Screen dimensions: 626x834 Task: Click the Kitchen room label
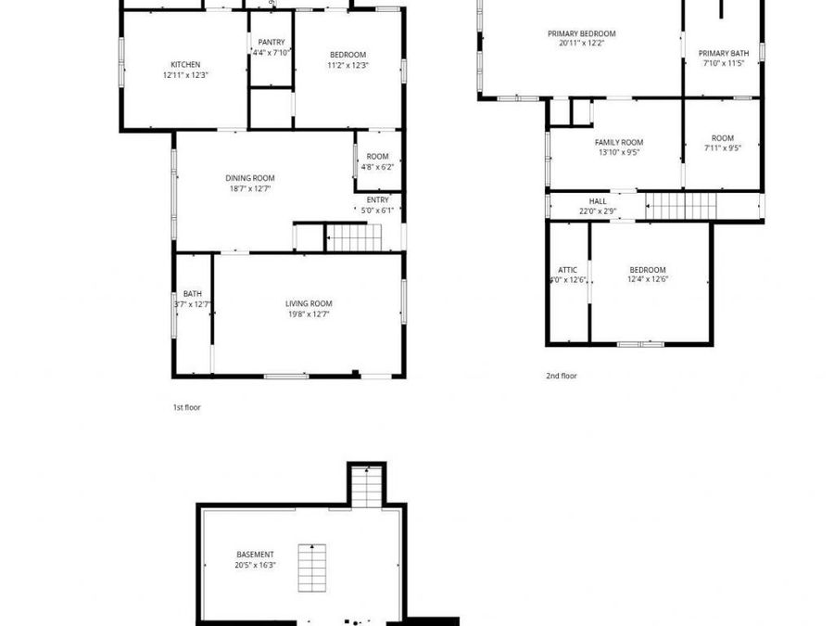(x=185, y=64)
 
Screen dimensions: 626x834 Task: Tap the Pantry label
(x=272, y=42)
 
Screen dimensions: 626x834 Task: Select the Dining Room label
(x=250, y=178)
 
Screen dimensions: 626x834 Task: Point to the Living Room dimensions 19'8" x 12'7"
(x=308, y=314)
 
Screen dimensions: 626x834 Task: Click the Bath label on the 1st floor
(x=192, y=294)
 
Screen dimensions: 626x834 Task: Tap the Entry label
(x=378, y=199)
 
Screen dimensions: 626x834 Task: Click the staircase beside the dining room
(x=356, y=238)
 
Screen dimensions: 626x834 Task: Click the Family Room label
(x=619, y=142)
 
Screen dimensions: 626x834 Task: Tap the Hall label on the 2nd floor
(x=598, y=201)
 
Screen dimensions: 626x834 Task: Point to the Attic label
(x=568, y=270)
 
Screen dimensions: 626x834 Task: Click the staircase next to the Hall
(x=680, y=206)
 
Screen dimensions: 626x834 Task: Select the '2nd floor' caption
(x=561, y=376)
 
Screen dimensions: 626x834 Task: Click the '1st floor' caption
(x=186, y=407)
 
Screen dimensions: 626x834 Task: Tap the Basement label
(x=255, y=555)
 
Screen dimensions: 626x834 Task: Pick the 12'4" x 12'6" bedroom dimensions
(x=648, y=279)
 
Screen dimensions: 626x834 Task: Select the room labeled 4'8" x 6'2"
(x=378, y=161)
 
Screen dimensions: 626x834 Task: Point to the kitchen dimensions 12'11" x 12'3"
(x=185, y=75)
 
